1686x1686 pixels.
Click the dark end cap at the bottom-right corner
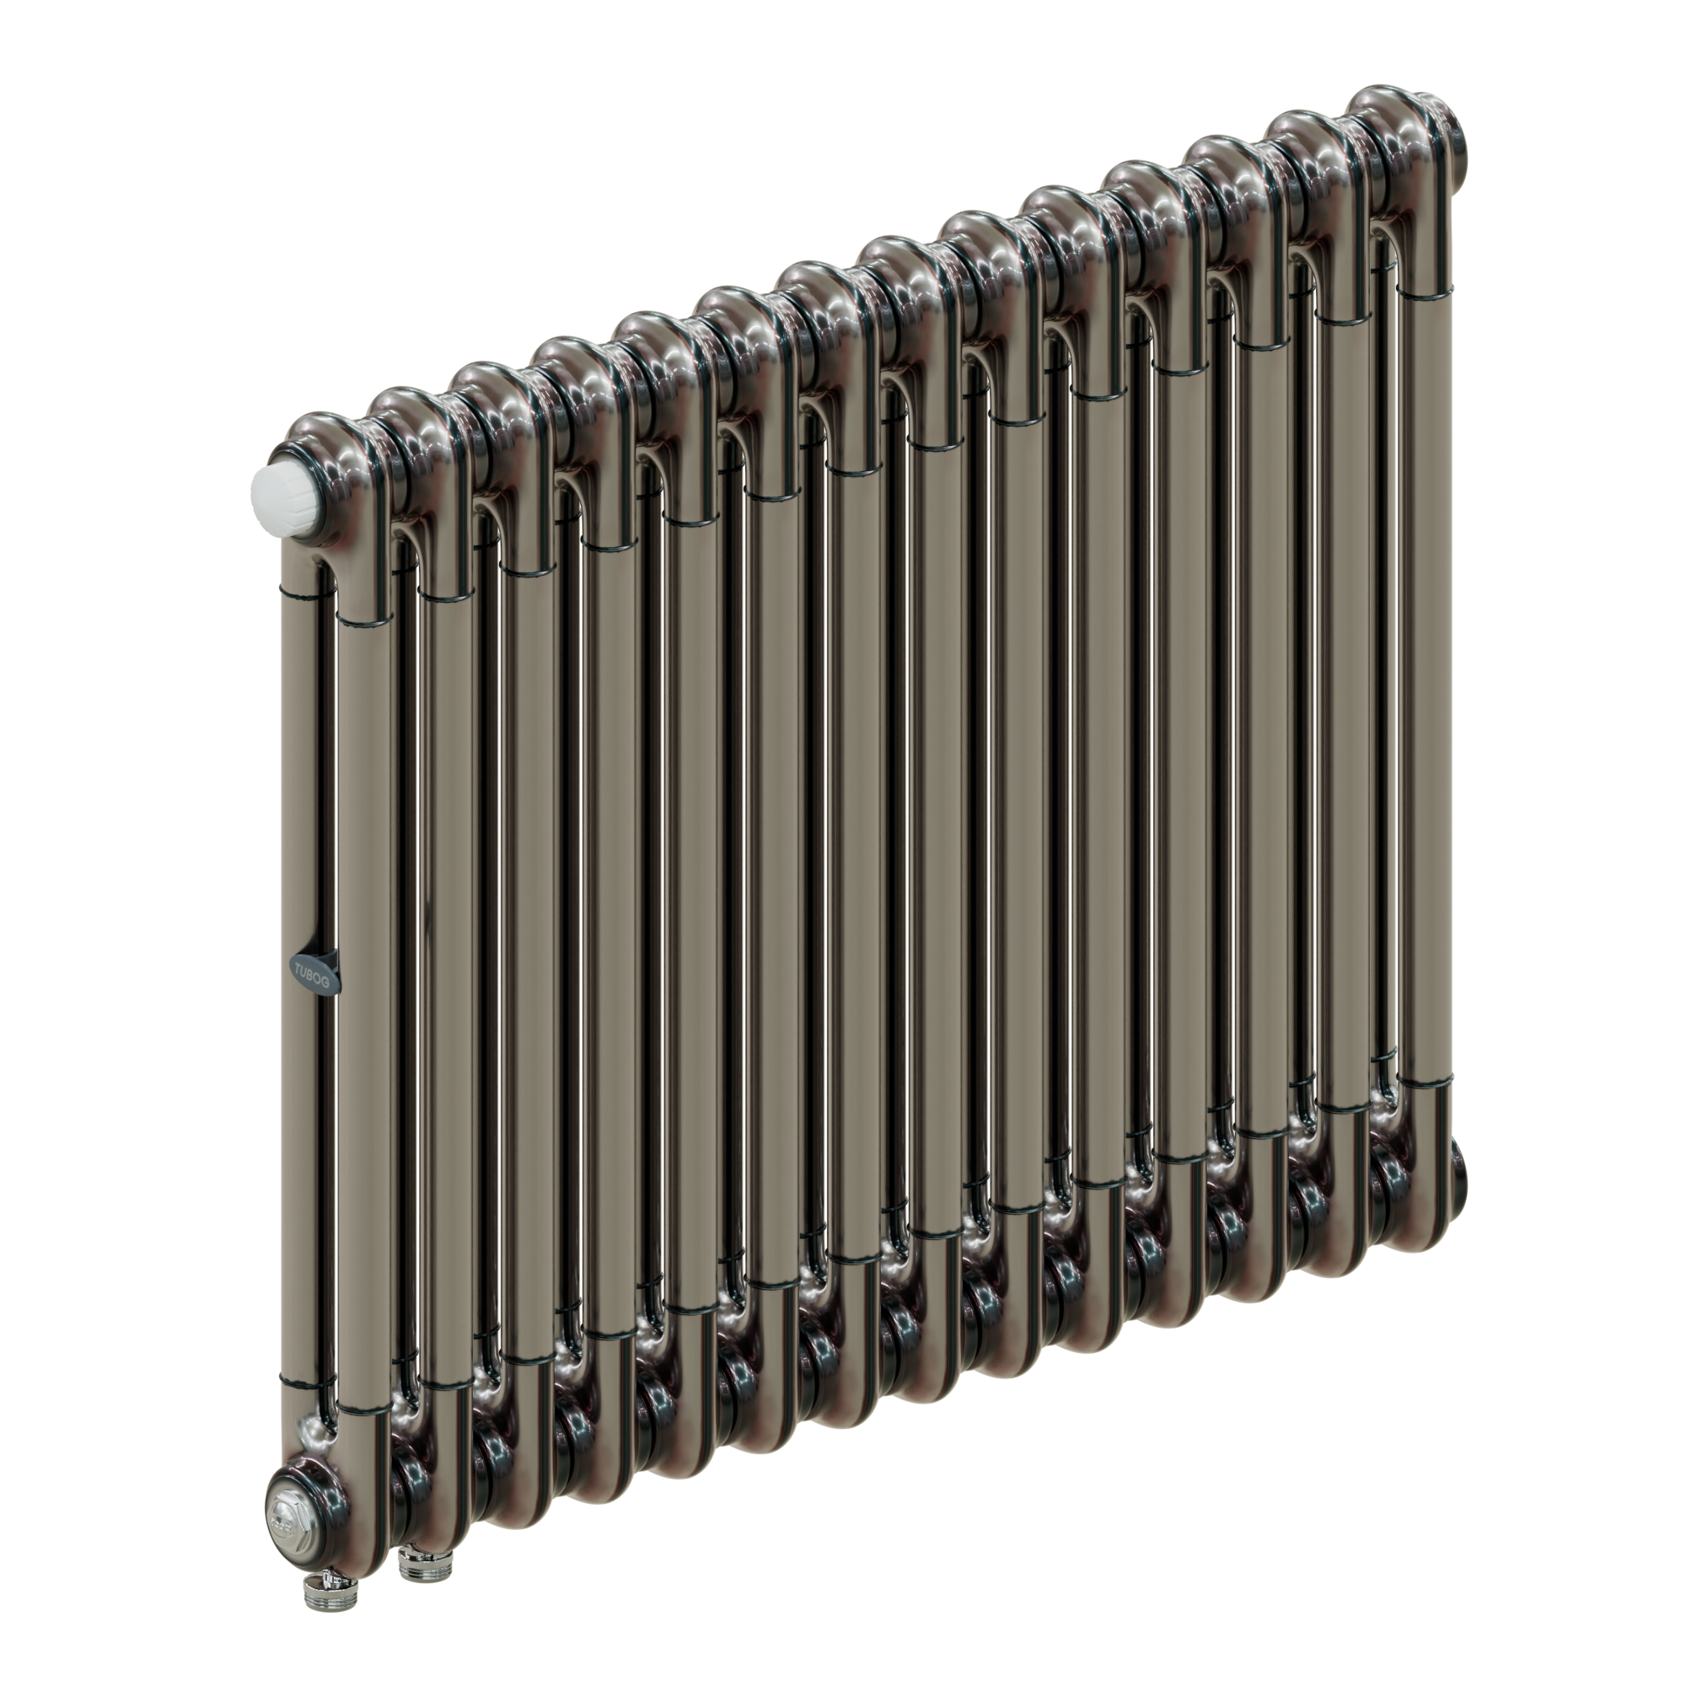(x=1460, y=1164)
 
